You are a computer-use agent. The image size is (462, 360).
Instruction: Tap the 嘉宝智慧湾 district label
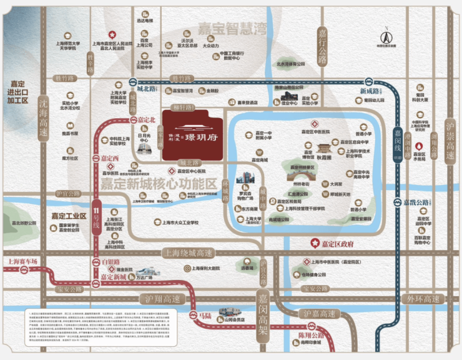click(x=232, y=28)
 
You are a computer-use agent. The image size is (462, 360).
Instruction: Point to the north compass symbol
click(x=386, y=35)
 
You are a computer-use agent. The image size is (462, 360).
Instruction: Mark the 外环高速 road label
click(x=424, y=299)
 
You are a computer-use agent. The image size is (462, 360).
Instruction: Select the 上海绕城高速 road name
click(x=187, y=252)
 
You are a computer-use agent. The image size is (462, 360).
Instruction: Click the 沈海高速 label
click(x=42, y=118)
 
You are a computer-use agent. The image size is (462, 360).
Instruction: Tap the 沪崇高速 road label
click(x=450, y=140)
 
